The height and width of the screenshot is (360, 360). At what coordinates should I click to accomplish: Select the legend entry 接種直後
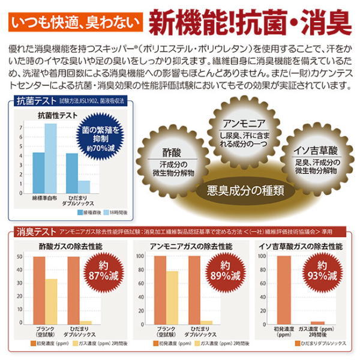point(88,212)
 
